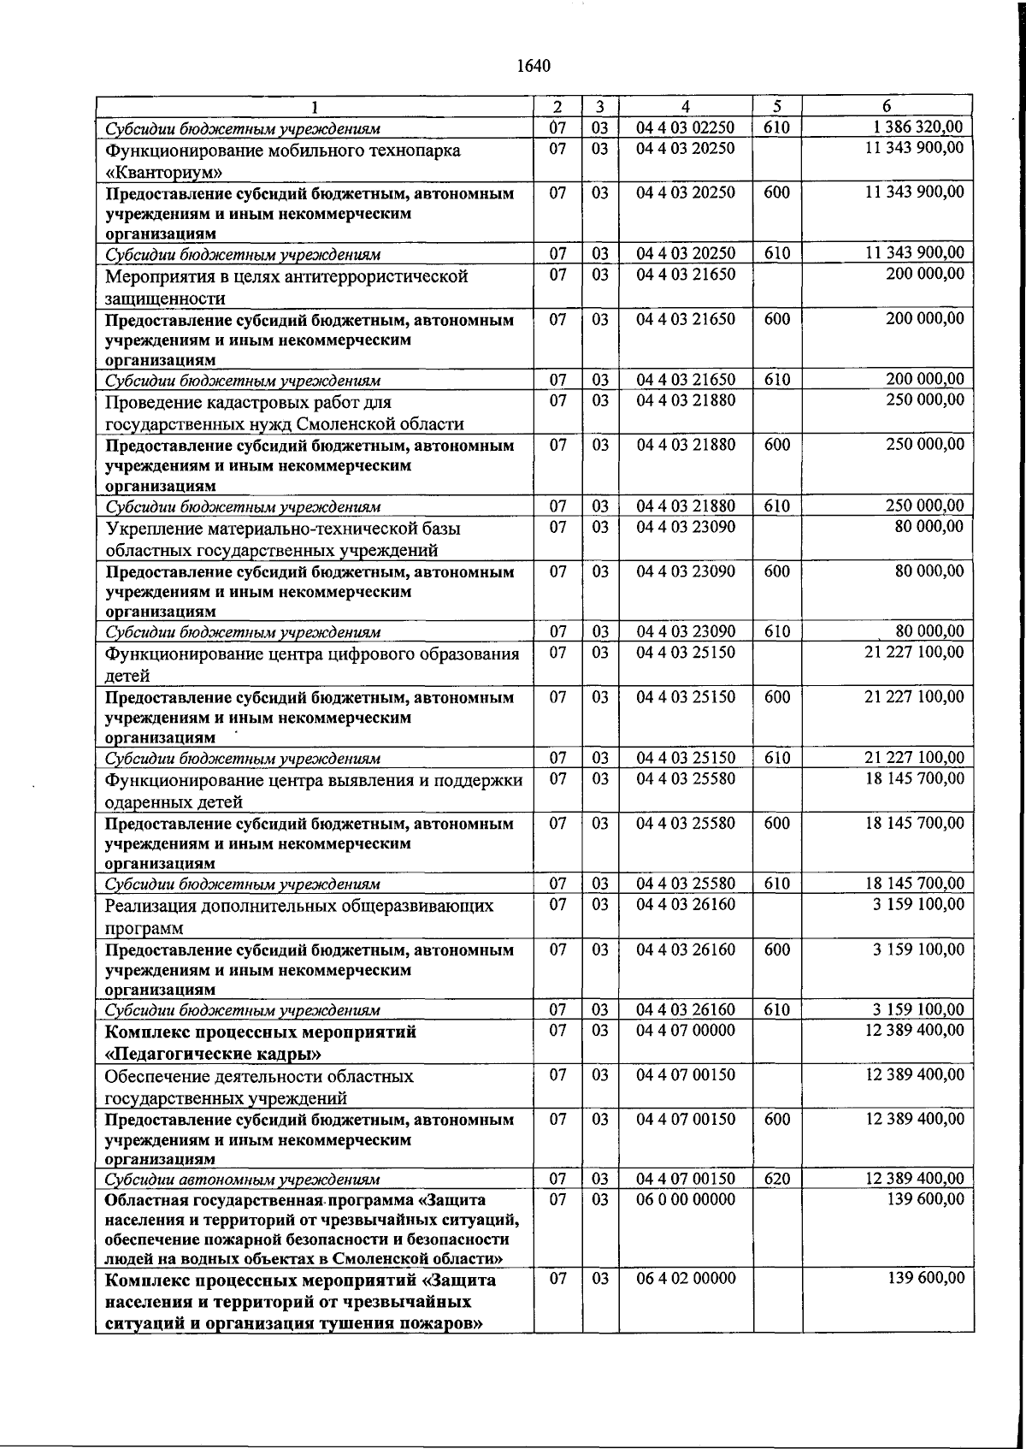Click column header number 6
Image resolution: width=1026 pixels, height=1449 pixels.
[887, 106]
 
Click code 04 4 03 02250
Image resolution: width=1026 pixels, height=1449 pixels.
[685, 127]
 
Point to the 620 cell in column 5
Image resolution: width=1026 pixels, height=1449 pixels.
[776, 1179]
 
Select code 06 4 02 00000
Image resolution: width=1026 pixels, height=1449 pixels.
[685, 1278]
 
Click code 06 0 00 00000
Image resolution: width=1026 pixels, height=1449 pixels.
[685, 1199]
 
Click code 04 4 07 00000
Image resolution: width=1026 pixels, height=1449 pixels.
[685, 1031]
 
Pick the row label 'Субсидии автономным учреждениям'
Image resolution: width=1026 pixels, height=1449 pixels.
[242, 1180]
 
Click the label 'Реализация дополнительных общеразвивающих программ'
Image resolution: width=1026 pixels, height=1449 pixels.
[298, 916]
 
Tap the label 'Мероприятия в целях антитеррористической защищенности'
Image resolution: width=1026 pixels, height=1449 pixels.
[286, 287]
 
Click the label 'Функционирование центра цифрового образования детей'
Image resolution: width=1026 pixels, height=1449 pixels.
[311, 665]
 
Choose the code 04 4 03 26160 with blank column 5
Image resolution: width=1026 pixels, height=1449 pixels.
[685, 904]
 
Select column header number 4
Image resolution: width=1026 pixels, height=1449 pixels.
[685, 106]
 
